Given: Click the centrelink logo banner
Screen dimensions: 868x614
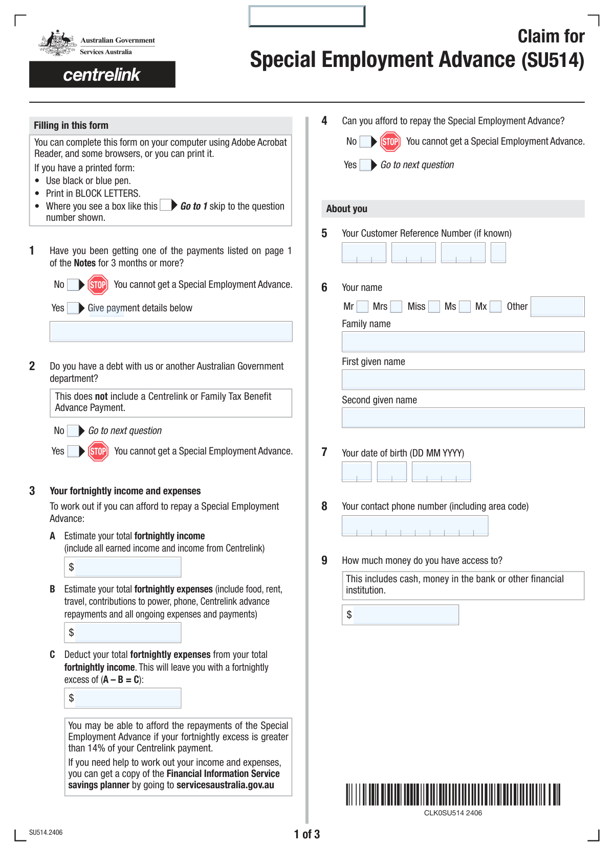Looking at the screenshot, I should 102,75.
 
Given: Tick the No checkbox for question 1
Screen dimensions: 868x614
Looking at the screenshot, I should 73,285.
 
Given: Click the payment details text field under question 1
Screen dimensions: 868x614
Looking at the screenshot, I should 171,331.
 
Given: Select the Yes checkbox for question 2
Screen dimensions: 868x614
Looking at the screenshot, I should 73,451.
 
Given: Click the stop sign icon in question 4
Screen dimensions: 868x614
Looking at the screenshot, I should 390,142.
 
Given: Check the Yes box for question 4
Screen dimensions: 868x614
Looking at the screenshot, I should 365,165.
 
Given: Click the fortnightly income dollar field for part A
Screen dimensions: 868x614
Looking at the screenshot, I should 128,567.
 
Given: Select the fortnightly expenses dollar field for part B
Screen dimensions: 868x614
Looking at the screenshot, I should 128,632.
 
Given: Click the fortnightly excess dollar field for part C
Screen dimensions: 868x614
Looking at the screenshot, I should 128,698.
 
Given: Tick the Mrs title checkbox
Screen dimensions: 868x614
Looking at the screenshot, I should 396,307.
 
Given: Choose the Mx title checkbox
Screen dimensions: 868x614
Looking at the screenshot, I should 495,307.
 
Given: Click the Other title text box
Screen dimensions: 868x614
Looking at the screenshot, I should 557,307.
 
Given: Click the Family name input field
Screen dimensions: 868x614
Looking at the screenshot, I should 463,341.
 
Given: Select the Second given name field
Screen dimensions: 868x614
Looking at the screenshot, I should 463,418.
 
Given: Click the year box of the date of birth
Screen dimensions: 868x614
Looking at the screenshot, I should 441,472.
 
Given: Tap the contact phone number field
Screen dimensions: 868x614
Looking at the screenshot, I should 415,526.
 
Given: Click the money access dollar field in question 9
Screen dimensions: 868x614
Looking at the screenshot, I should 406,614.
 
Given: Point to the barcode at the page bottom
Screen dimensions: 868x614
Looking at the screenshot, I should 453,794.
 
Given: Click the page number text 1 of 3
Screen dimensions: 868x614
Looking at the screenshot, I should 307,834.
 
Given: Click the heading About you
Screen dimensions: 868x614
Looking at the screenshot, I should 347,209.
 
